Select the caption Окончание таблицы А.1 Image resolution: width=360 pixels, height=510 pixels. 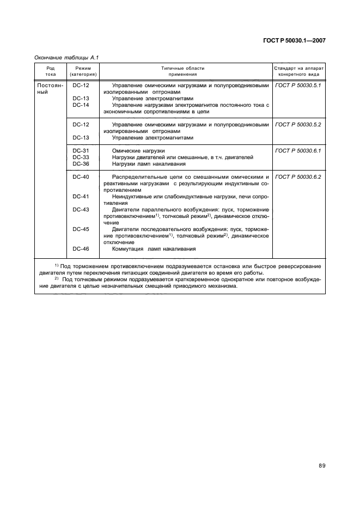[66, 57]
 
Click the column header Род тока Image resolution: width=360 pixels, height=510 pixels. [50, 70]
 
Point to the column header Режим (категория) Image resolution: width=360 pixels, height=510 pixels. [83, 70]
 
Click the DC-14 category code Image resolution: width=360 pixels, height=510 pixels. [81, 105]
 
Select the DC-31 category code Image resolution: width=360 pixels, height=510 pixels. [81, 150]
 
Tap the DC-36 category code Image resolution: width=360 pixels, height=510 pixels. [81, 163]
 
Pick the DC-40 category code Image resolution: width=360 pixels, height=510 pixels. [81, 177]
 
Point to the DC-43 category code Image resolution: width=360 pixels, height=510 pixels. [81, 210]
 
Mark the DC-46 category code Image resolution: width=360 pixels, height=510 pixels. [81, 249]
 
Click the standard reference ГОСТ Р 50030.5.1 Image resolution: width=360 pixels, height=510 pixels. [298, 86]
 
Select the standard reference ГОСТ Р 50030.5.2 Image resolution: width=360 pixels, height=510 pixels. [298, 125]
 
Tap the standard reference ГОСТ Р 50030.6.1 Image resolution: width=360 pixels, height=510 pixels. [298, 150]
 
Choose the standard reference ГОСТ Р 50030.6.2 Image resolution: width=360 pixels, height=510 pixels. [298, 177]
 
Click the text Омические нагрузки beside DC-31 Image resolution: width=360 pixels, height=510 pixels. [138, 150]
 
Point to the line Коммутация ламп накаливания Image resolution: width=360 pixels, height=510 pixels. [154, 249]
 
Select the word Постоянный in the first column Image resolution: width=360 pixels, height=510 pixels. [50, 89]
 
